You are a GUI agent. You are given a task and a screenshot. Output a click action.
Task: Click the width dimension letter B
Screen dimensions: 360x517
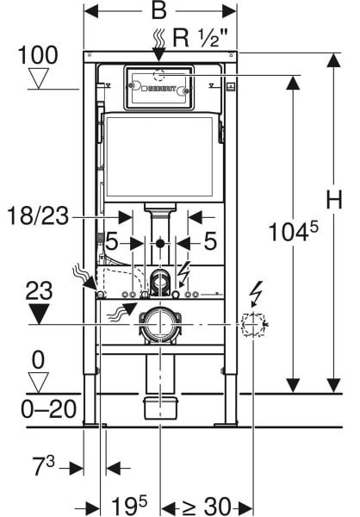tap(159, 12)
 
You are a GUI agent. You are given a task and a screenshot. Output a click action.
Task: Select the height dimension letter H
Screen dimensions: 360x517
tap(334, 199)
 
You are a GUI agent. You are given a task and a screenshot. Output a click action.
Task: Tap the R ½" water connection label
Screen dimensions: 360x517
tap(200, 38)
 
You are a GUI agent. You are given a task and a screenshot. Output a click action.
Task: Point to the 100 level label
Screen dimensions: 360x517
tap(38, 55)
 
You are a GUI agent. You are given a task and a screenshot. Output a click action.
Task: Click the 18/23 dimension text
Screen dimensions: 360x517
tap(38, 216)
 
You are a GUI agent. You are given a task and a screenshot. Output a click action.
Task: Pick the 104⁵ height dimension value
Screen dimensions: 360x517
tap(294, 231)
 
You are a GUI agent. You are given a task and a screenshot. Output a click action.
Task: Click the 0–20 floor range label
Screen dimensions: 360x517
tap(49, 409)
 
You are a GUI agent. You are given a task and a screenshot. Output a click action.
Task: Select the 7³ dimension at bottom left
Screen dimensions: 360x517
tap(44, 466)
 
